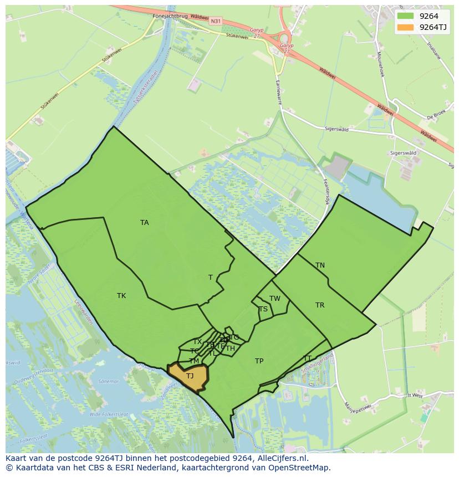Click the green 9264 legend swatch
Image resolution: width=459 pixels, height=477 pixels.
(x=405, y=16)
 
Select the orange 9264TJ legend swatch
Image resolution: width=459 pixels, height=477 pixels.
(x=405, y=27)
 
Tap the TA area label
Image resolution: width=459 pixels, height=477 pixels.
(x=145, y=223)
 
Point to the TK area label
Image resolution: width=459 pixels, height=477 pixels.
(x=121, y=296)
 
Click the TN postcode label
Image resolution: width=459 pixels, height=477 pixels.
(x=320, y=265)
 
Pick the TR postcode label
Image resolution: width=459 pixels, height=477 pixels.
(x=320, y=305)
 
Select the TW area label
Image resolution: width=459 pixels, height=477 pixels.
(x=275, y=299)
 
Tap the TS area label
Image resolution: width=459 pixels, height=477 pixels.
(x=263, y=309)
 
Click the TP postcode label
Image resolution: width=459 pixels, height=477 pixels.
(x=259, y=361)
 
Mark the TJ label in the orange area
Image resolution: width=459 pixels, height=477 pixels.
(x=190, y=376)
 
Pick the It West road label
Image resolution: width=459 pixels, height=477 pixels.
(x=415, y=396)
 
